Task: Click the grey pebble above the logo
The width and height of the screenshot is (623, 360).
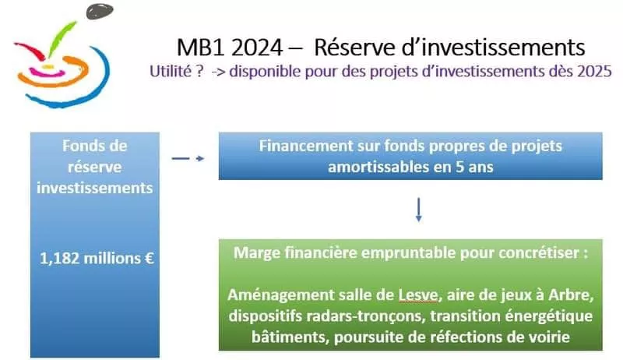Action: [x=100, y=11]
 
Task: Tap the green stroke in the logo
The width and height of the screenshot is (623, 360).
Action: [x=61, y=38]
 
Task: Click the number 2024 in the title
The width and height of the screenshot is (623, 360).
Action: [x=256, y=48]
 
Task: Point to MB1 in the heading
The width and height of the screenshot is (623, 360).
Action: [x=202, y=48]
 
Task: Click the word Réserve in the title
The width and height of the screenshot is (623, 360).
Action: [x=355, y=48]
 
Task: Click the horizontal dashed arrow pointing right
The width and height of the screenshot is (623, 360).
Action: [x=188, y=158]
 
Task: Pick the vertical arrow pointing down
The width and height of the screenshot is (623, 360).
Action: [x=418, y=210]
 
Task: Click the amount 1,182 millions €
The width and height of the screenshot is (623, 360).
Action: [x=97, y=258]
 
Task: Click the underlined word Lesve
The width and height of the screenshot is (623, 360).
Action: [x=418, y=295]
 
